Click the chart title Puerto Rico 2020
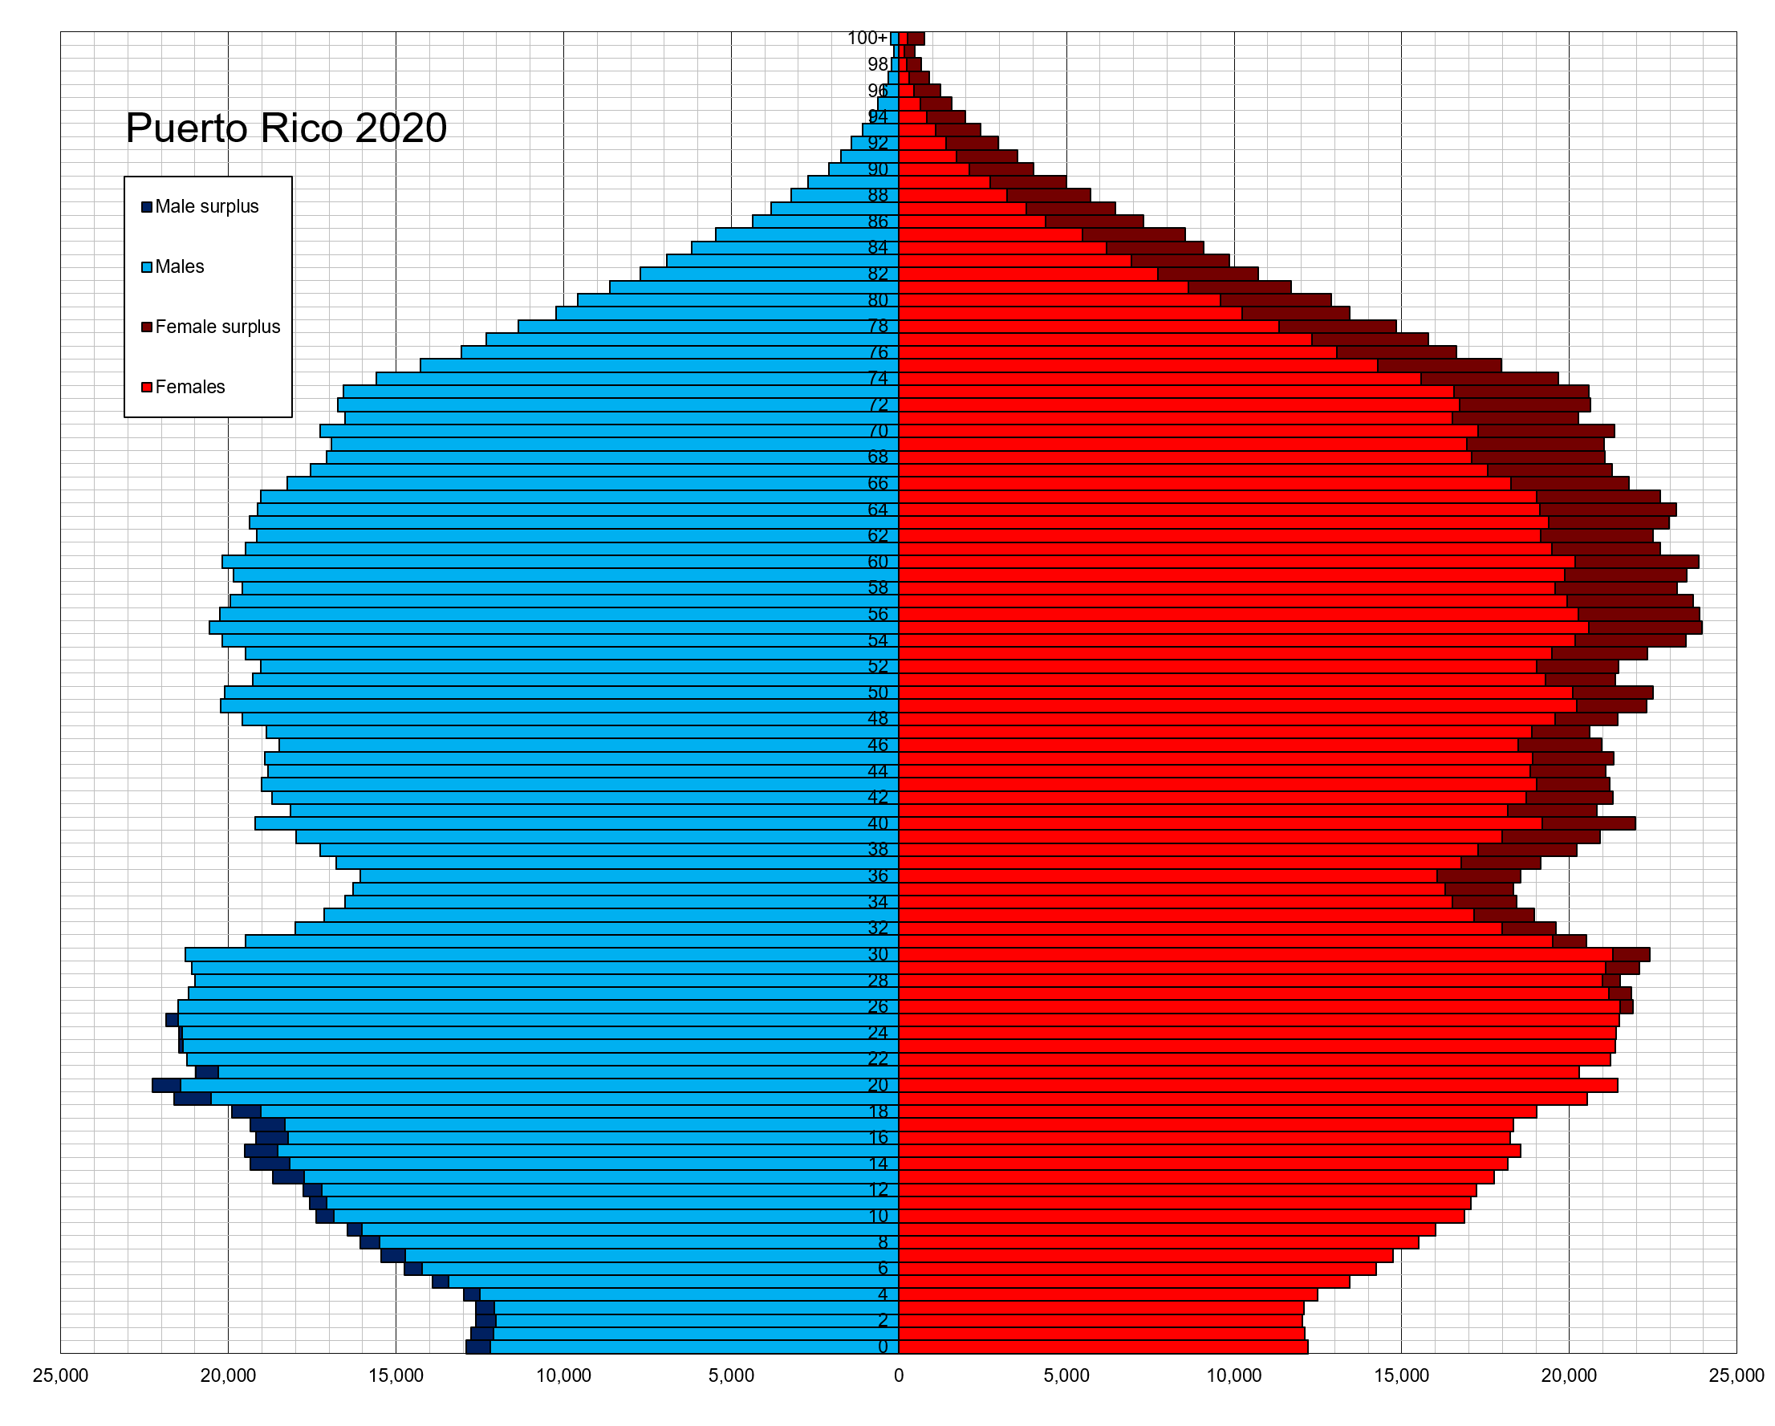286,128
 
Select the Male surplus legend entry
205,207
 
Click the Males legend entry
179,266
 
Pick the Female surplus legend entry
217,327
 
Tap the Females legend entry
189,387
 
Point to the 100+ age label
867,38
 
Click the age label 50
878,693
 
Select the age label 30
878,954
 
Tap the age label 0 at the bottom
883,1347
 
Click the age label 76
878,352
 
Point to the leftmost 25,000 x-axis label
60,1375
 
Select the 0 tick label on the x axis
898,1375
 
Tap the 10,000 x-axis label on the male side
563,1375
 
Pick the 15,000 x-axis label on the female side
1401,1375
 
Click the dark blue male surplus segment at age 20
166,1085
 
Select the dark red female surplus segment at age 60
1636,562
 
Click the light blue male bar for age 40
576,823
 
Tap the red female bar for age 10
1177,1216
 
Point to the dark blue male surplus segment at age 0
478,1347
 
